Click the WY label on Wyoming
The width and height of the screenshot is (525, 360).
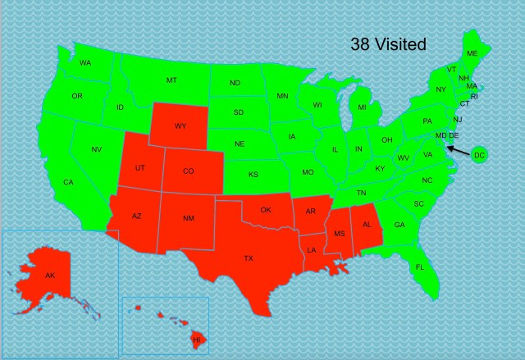click(x=180, y=126)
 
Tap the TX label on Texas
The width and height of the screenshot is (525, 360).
click(x=248, y=258)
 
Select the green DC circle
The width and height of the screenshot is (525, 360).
click(x=480, y=155)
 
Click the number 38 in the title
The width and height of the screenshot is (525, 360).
click(x=362, y=44)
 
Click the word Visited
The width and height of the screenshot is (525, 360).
click(x=400, y=44)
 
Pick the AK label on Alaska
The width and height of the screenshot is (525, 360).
click(x=50, y=276)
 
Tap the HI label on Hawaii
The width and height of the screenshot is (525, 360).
click(x=196, y=339)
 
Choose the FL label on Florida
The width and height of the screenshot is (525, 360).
click(x=419, y=267)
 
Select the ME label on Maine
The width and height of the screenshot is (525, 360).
click(x=472, y=53)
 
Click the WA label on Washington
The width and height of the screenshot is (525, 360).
click(x=84, y=63)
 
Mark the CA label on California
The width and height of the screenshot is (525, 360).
click(x=68, y=182)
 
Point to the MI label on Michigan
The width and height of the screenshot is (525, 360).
click(x=361, y=107)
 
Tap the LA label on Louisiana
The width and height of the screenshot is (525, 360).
click(x=312, y=249)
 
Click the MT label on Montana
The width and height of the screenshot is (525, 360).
click(x=171, y=80)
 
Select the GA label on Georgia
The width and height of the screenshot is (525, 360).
click(x=399, y=226)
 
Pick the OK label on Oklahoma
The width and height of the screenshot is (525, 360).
click(x=266, y=210)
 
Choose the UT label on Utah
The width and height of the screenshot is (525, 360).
click(x=140, y=167)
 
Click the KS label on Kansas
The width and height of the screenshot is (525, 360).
click(x=253, y=175)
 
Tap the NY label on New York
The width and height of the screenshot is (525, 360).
click(x=441, y=89)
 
